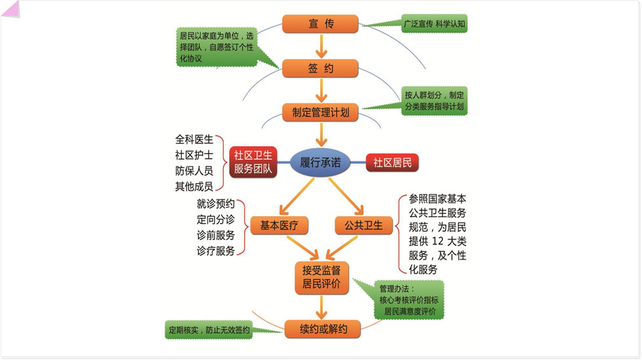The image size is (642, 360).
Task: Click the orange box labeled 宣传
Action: pyautogui.click(x=321, y=24)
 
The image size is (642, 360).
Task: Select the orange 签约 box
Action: pyautogui.click(x=321, y=68)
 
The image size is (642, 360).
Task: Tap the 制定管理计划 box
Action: pyautogui.click(x=321, y=112)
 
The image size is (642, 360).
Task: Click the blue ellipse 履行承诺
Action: pyautogui.click(x=321, y=162)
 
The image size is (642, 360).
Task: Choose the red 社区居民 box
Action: pyautogui.click(x=392, y=162)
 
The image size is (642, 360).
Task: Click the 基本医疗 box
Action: pyautogui.click(x=279, y=226)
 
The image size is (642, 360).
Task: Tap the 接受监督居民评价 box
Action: pyautogui.click(x=321, y=278)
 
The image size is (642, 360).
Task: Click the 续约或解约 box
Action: pyautogui.click(x=323, y=329)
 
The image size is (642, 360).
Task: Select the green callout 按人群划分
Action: pyautogui.click(x=434, y=100)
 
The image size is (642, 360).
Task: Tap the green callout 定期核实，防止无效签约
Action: pyautogui.click(x=209, y=330)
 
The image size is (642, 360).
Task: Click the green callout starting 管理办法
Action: pyautogui.click(x=409, y=300)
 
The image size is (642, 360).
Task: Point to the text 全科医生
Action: pyautogui.click(x=194, y=139)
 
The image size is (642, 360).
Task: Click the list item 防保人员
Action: pyautogui.click(x=194, y=171)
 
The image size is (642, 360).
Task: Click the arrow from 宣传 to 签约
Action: pyautogui.click(x=321, y=46)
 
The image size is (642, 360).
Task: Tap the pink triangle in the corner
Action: pyautogui.click(x=9, y=9)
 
